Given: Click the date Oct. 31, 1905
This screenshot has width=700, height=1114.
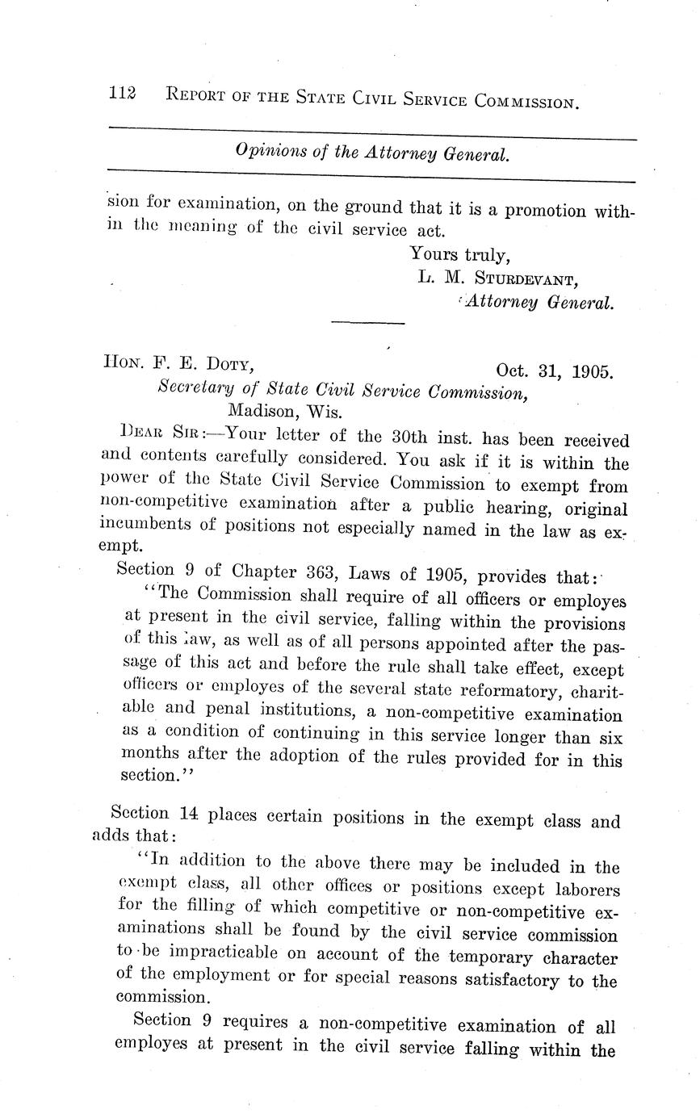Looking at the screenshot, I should point(554,371).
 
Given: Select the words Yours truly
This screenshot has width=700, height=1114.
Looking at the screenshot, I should point(459,254).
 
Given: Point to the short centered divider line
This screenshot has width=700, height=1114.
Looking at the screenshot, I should point(367,324).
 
